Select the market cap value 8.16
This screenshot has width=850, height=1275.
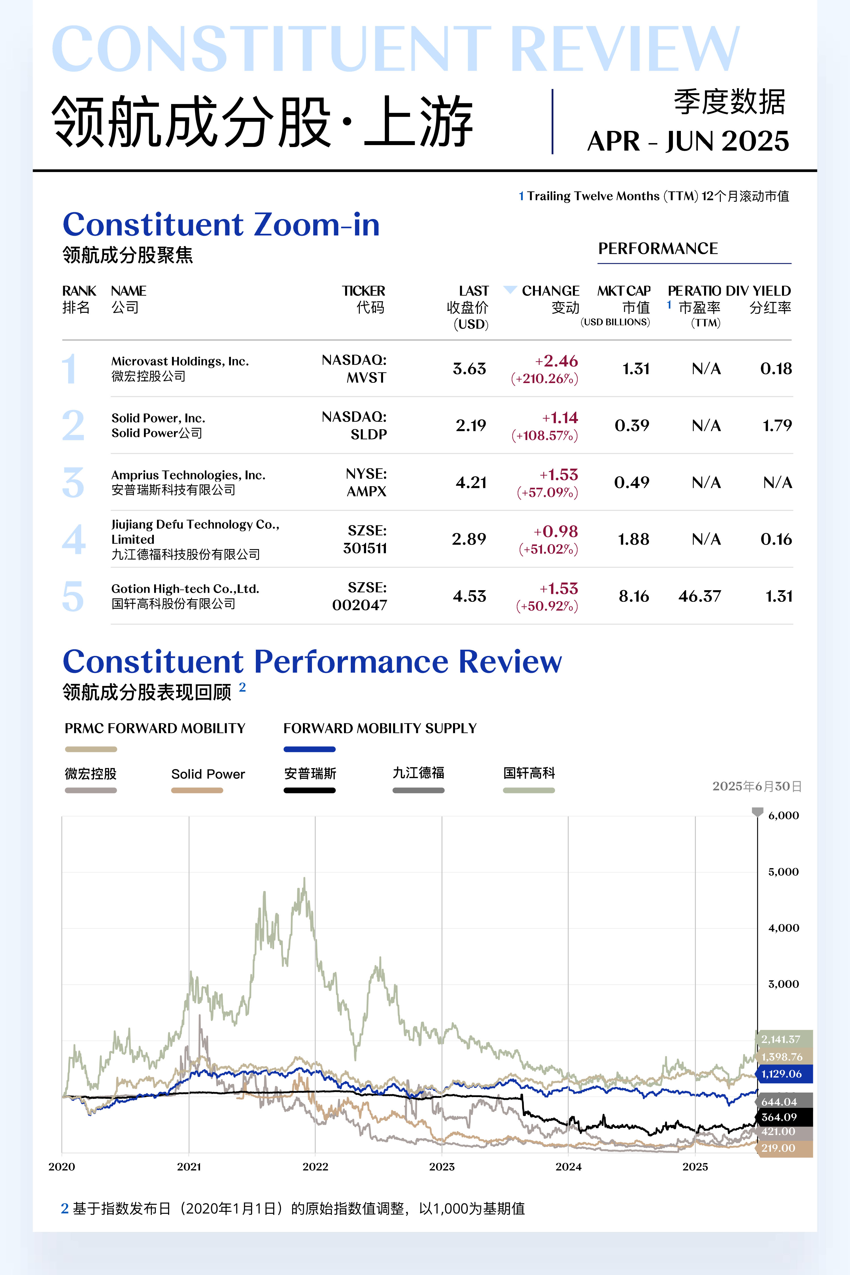pos(634,596)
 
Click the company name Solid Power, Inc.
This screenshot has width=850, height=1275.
pos(158,418)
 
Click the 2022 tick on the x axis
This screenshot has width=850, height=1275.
pos(316,1166)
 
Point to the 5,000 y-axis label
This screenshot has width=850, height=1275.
pos(783,872)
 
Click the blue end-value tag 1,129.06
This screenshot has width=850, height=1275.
pos(782,1074)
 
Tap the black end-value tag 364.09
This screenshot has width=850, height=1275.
pos(779,1117)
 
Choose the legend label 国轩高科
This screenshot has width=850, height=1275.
pos(529,773)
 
